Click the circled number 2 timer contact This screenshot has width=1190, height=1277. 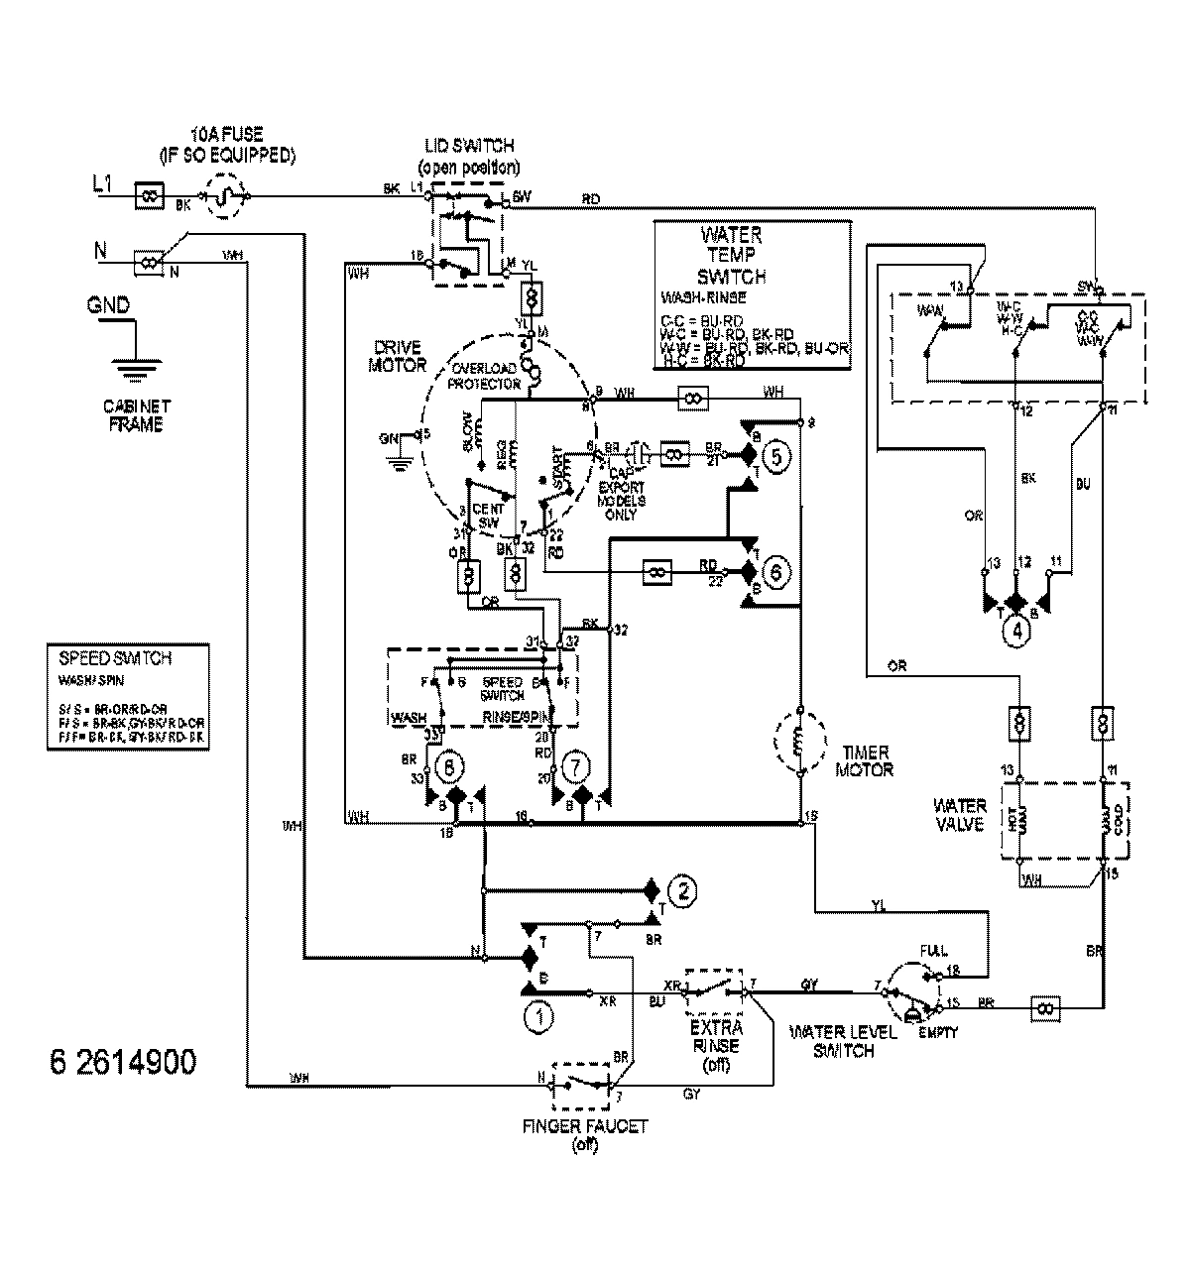click(x=680, y=888)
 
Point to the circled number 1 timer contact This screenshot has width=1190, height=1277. click(x=540, y=1015)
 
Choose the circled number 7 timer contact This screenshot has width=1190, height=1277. click(x=572, y=766)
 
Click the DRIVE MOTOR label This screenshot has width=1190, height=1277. click(x=398, y=357)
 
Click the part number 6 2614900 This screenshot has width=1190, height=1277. click(x=122, y=1062)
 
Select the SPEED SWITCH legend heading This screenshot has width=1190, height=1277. click(x=102, y=658)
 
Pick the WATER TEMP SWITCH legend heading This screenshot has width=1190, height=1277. click(x=731, y=256)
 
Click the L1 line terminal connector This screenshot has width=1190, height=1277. click(x=149, y=195)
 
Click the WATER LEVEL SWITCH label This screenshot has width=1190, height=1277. click(x=843, y=1041)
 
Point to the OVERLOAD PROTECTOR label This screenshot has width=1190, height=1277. click(x=486, y=375)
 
